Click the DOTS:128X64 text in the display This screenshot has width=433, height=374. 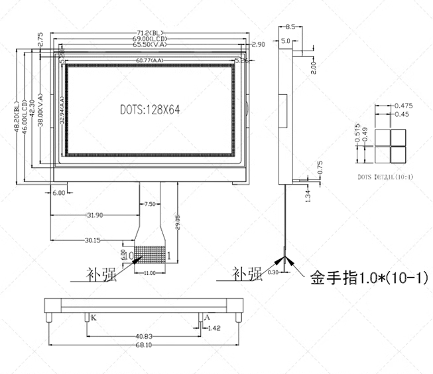[x=151, y=110]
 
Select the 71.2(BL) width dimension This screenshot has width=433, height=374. [x=149, y=33]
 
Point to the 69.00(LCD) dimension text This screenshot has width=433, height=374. [x=149, y=39]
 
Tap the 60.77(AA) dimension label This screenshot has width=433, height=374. [x=150, y=61]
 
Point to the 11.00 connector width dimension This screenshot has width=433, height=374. [x=150, y=273]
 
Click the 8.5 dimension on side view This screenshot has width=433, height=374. [x=290, y=27]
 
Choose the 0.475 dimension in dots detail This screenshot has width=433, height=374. [x=404, y=106]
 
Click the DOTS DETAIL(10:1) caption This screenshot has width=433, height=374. [x=385, y=177]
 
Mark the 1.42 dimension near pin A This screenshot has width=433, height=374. [x=214, y=327]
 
